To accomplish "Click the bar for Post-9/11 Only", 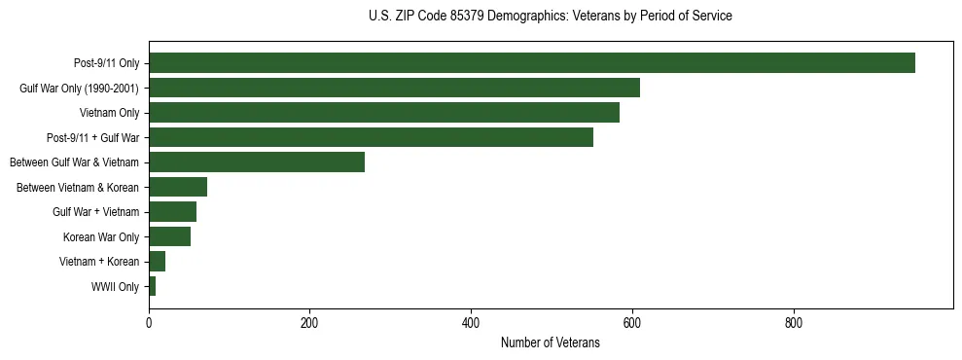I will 531,63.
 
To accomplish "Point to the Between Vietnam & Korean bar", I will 178,187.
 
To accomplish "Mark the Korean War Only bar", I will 169,236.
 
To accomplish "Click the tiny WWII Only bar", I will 153,286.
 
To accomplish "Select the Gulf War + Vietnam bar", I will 172,212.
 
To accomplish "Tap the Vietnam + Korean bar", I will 157,262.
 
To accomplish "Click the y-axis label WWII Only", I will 115,287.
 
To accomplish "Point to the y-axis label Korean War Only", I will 101,237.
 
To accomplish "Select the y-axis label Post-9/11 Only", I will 106,64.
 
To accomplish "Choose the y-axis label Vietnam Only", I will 109,114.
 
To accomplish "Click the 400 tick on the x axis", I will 471,322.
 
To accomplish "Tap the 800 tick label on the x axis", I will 793,322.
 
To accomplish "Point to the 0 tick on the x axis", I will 149,322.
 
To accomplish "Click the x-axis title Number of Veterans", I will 550,343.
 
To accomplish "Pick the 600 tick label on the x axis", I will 632,322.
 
